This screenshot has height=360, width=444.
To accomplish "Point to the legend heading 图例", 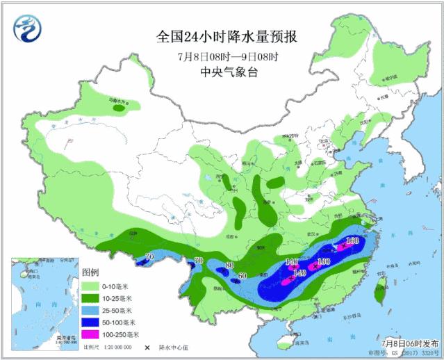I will click(91, 271).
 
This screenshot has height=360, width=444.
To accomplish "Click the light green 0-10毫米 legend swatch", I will click(90, 286).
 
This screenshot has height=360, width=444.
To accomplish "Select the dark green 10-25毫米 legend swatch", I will click(90, 297).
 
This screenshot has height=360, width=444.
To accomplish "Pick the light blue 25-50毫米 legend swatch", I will click(90, 309).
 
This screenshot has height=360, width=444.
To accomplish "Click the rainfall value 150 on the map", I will click(352, 241).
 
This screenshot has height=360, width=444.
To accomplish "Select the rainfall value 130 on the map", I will click(323, 261).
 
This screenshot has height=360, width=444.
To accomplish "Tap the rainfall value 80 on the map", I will click(230, 265).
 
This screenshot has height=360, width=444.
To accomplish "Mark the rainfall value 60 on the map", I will click(242, 276).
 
